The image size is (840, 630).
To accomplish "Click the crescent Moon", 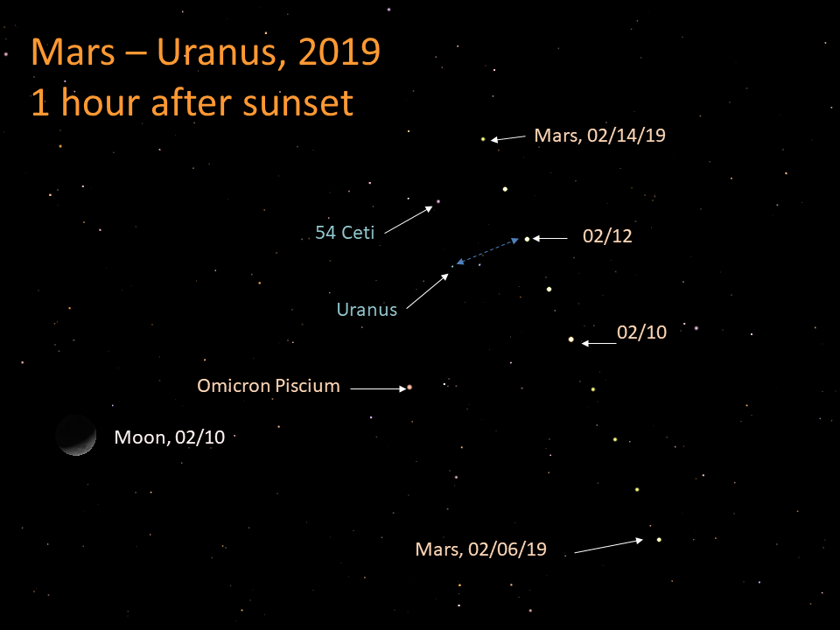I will coord(76,435).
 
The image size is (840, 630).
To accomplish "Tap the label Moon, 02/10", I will coord(170,437).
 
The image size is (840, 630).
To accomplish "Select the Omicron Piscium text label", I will coord(269,385).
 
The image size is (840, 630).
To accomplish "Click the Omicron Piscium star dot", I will coord(409,387).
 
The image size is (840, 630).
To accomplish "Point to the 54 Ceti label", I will coord(345,233).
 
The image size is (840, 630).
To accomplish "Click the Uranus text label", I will coord(367,309).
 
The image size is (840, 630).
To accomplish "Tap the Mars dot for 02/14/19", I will coord(483,138).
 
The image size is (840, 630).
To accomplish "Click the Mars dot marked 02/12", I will coord(527,238).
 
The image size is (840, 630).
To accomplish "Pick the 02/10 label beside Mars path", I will coord(641,332).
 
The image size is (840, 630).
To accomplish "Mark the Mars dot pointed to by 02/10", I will coord(571,339).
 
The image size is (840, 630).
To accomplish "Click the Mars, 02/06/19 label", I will coord(480,549).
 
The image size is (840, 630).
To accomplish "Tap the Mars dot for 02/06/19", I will coord(658,539).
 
